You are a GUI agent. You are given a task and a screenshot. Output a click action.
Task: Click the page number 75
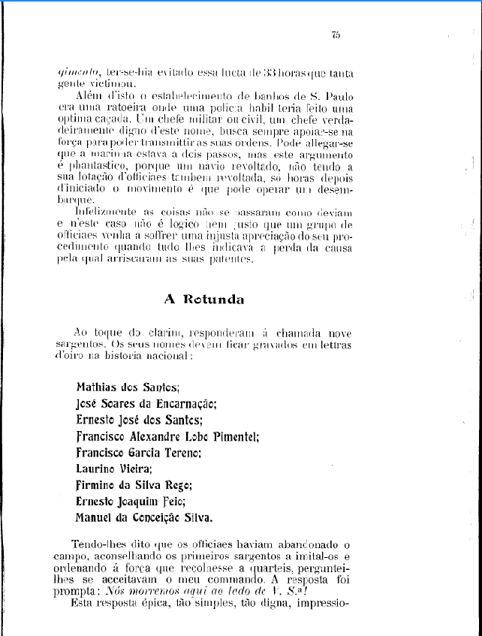point(336,35)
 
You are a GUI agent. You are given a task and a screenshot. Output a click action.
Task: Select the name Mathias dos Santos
point(128,388)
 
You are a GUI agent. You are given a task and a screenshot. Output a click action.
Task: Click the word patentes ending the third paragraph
point(233,259)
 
